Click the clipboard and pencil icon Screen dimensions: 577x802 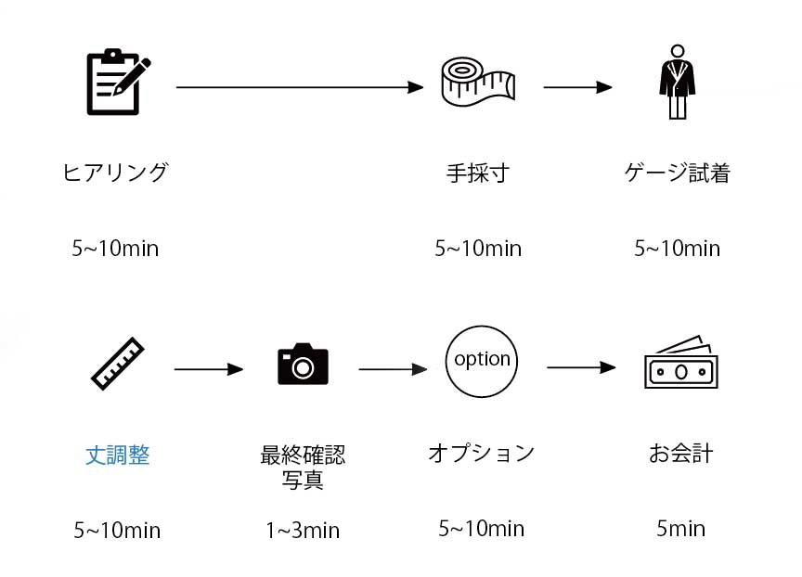pyautogui.click(x=117, y=83)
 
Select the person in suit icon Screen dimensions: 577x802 pyautogui.click(x=678, y=83)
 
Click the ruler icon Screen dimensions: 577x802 pyautogui.click(x=119, y=364)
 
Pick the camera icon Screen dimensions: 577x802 pyautogui.click(x=303, y=365)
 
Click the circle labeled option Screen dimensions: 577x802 pyautogui.click(x=482, y=360)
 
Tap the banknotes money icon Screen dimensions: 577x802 pyautogui.click(x=680, y=364)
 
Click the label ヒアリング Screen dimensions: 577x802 pyautogui.click(x=115, y=173)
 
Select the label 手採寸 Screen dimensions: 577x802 pyautogui.click(x=477, y=173)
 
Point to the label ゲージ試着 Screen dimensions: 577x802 pyautogui.click(x=678, y=173)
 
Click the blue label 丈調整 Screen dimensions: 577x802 pyautogui.click(x=118, y=455)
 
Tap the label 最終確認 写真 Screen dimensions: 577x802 pyautogui.click(x=303, y=468)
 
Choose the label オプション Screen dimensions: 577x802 pyautogui.click(x=482, y=453)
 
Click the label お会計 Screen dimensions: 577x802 pyautogui.click(x=680, y=455)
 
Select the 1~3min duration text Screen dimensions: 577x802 pyautogui.click(x=303, y=531)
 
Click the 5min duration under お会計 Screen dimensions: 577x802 pyautogui.click(x=680, y=529)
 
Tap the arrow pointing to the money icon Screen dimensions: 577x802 pyautogui.click(x=581, y=367)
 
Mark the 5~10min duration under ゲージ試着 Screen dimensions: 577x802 pyautogui.click(x=677, y=249)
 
